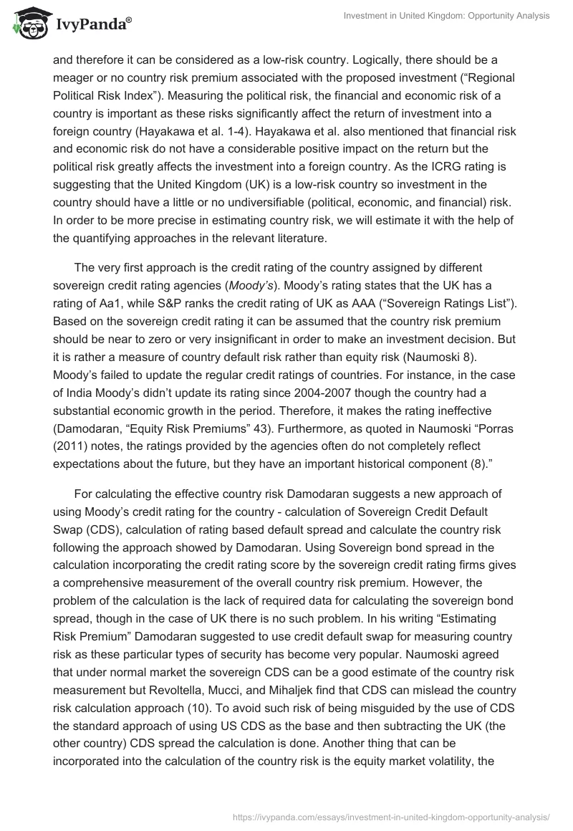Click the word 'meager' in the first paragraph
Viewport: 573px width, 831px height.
[x=72, y=77]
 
